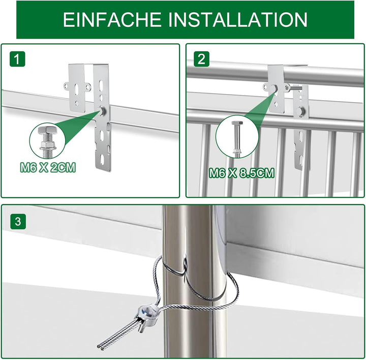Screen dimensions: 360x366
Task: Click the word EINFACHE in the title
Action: tap(111, 20)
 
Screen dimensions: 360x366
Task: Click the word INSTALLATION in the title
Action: tap(238, 20)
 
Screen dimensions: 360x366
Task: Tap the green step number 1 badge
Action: tap(18, 59)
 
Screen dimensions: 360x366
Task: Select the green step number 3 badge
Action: tap(18, 222)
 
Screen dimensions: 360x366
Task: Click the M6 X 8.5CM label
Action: tap(241, 173)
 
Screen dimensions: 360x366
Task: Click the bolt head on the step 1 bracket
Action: tap(104, 110)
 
